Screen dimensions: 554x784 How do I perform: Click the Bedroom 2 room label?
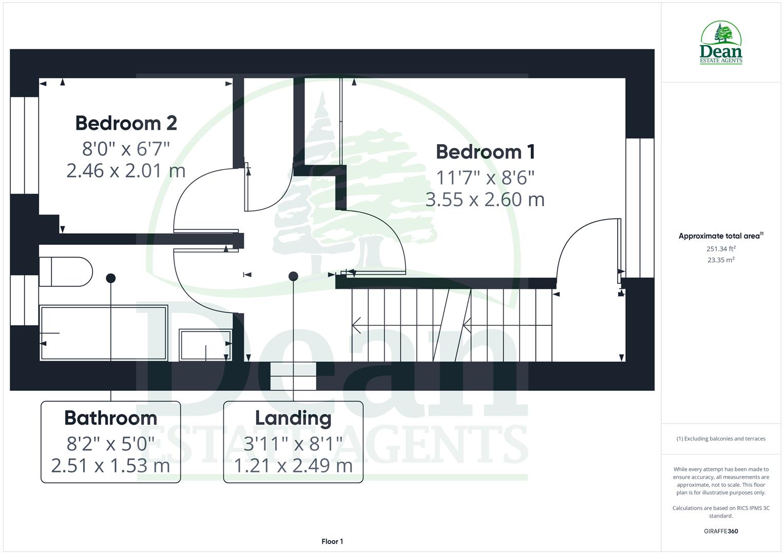pos(126,123)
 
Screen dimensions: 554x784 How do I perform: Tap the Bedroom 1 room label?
pos(485,152)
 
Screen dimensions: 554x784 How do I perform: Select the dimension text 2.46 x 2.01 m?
pos(126,170)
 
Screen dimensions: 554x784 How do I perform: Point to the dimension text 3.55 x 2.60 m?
pos(485,199)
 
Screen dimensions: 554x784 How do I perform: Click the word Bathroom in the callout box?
pos(110,418)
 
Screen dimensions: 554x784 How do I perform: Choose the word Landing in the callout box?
pos(293,418)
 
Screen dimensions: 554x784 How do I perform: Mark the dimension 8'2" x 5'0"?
pos(110,443)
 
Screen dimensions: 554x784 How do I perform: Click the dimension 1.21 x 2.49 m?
pos(293,466)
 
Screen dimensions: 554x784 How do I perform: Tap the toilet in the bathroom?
pos(65,271)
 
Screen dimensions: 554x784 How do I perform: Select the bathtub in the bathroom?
pos(104,333)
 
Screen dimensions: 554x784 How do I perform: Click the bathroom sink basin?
pos(205,344)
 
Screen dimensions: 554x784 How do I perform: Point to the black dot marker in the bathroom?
pos(110,278)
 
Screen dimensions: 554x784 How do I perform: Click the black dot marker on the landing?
pos(293,276)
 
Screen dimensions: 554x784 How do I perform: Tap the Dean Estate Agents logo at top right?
pos(721,43)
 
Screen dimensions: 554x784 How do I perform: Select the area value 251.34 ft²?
pos(721,249)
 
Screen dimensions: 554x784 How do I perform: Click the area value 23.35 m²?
pos(721,260)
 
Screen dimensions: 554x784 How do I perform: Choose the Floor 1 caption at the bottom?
pos(332,541)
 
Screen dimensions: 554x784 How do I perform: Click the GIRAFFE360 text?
pos(721,531)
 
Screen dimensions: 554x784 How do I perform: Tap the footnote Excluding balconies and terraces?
pos(721,439)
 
